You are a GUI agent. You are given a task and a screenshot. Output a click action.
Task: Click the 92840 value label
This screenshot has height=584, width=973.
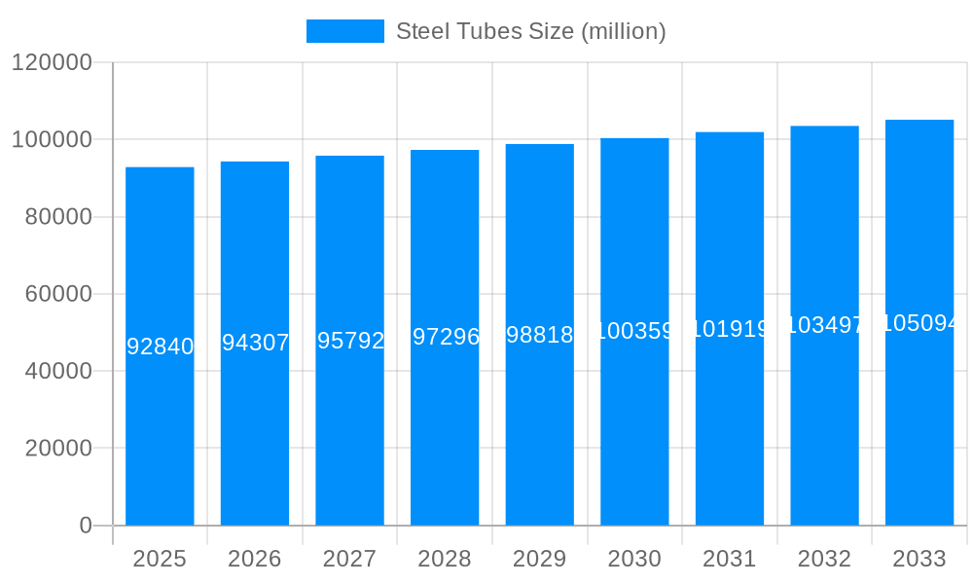pos(161,347)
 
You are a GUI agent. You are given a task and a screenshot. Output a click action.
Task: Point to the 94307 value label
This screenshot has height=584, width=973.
pos(255,343)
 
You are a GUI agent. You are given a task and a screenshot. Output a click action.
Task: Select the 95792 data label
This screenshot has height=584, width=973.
pos(350,341)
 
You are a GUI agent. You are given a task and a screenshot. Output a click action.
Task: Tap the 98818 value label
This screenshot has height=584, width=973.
pos(540,335)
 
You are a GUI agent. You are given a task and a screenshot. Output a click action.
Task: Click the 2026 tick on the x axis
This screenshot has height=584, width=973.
pos(255,559)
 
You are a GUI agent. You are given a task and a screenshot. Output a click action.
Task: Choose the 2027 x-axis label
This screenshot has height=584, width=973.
pos(349,559)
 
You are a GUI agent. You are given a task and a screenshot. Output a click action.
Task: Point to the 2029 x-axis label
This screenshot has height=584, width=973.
pos(539,559)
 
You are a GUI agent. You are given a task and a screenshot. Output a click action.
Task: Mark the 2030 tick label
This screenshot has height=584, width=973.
pos(634,559)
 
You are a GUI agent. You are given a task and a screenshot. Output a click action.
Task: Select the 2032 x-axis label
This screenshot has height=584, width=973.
pos(824,559)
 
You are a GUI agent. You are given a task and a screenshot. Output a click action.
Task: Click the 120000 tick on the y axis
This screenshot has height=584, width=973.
pos(51,63)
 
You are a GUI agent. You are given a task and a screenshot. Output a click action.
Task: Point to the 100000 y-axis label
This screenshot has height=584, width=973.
pos(51,140)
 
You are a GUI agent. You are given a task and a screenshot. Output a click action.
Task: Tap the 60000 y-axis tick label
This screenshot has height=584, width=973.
pos(57,294)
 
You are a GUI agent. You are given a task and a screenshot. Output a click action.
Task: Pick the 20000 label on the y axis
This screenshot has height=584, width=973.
pos(57,449)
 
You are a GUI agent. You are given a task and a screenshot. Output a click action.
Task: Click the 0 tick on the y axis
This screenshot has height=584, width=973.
pos(85,526)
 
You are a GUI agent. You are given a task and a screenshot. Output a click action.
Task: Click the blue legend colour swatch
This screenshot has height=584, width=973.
pos(344,31)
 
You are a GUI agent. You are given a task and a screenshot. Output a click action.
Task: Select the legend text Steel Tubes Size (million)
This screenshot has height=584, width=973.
pos(530,31)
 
